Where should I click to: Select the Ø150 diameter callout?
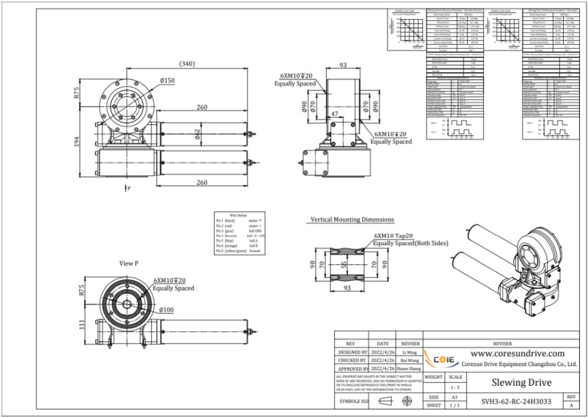coord(166,81)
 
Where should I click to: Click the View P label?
coord(129,263)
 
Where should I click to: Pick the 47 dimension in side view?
coord(334,115)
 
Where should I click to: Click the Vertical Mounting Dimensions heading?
coord(352,219)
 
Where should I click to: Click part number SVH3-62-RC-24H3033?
coord(516,401)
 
